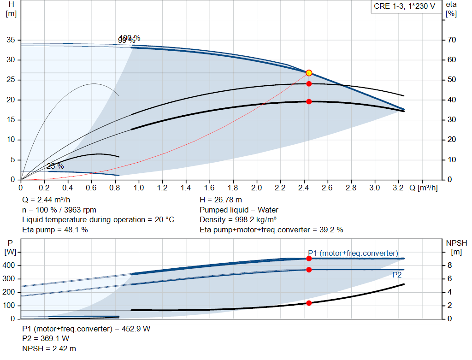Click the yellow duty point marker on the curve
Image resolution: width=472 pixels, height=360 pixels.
click(309, 73)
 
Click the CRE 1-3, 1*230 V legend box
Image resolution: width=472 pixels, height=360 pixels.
click(404, 7)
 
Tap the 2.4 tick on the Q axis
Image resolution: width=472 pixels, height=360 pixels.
click(303, 188)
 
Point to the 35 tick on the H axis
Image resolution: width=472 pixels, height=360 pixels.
click(11, 40)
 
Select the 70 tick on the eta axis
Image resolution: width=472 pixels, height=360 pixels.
click(451, 40)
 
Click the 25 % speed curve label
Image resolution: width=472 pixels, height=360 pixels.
click(55, 166)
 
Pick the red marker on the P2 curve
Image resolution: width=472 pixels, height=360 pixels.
click(309, 270)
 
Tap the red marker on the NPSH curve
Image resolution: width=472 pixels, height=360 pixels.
click(309, 303)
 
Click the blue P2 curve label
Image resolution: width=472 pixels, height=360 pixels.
click(396, 275)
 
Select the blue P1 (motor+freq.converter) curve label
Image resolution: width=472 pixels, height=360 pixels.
click(353, 253)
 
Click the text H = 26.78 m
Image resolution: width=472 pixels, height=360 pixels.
click(221, 200)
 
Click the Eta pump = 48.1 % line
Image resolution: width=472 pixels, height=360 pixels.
click(55, 230)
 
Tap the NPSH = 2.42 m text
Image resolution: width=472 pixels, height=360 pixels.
click(49, 348)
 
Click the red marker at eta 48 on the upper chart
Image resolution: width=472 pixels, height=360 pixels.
click(309, 84)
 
